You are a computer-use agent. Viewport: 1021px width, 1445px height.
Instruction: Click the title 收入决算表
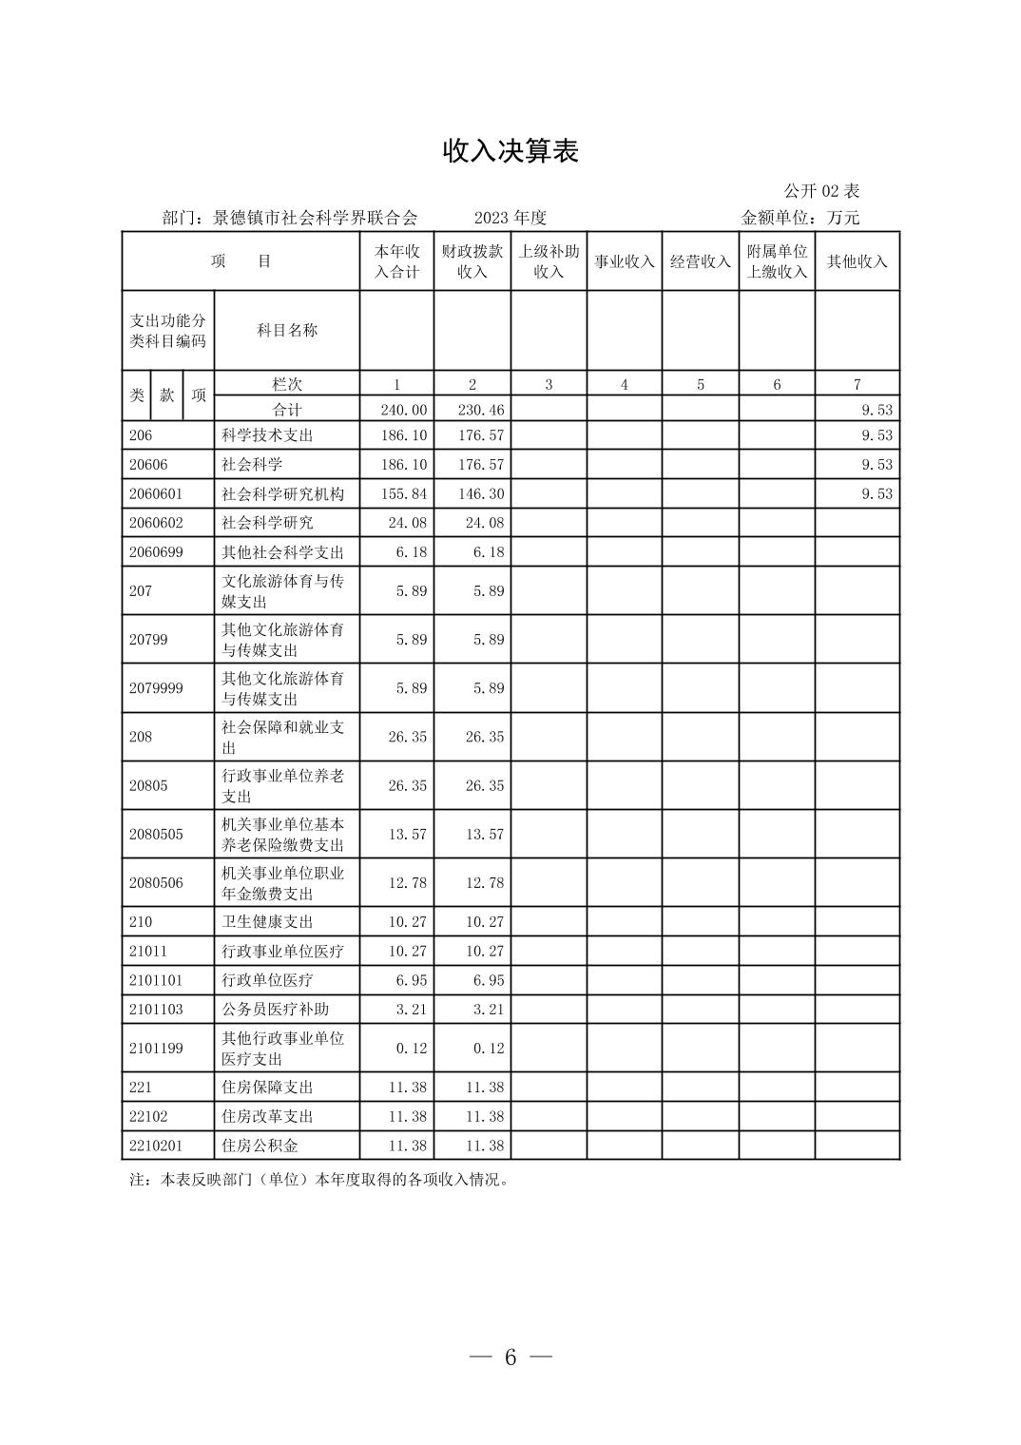[510, 151]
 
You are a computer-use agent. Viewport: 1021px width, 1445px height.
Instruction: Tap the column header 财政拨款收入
[472, 261]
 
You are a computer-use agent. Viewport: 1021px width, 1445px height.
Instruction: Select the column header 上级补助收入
[549, 261]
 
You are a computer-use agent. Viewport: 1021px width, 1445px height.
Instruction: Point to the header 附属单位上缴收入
[777, 261]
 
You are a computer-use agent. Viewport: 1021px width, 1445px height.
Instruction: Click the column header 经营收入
[701, 261]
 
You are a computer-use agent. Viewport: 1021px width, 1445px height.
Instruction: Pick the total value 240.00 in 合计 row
[404, 410]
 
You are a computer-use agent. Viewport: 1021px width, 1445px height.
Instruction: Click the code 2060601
[156, 494]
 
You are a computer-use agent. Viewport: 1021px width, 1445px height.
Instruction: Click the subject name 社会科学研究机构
[283, 494]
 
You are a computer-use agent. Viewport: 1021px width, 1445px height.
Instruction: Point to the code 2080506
[156, 883]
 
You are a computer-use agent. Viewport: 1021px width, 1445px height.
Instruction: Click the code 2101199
[156, 1049]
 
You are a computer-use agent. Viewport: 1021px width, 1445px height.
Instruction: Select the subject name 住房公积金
[260, 1146]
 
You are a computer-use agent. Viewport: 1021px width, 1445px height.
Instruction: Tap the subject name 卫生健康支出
[267, 921]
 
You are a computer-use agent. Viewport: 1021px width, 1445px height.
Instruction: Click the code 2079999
[156, 688]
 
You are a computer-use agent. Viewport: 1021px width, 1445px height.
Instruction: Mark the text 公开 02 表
[822, 191]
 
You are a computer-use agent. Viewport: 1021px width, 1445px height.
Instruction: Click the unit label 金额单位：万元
[800, 218]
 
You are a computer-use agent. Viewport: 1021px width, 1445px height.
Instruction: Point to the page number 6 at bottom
[510, 1357]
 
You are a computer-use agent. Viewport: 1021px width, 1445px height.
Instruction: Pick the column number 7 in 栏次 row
[857, 384]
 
